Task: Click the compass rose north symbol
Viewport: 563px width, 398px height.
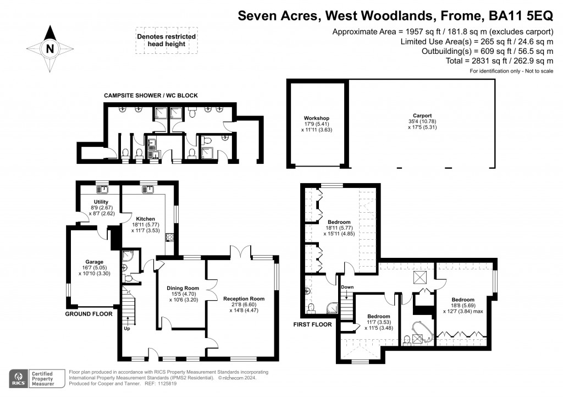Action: (50, 48)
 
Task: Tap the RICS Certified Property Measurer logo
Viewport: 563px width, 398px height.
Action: (36, 378)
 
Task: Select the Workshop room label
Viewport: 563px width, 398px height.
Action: (316, 118)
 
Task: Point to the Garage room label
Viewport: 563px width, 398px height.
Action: (94, 262)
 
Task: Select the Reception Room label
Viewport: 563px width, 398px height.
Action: (244, 298)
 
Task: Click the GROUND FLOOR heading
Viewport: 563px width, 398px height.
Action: (89, 314)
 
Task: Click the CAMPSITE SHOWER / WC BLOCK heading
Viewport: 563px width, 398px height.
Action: (151, 96)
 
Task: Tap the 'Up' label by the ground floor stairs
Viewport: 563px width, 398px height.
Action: (126, 328)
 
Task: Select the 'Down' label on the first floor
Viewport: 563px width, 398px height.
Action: (347, 288)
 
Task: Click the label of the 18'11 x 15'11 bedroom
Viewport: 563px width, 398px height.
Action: (339, 222)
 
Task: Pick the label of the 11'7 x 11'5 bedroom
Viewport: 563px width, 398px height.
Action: (379, 317)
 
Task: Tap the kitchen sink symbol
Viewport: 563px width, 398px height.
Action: (148, 190)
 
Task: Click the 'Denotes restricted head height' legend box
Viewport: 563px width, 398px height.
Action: (166, 41)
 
